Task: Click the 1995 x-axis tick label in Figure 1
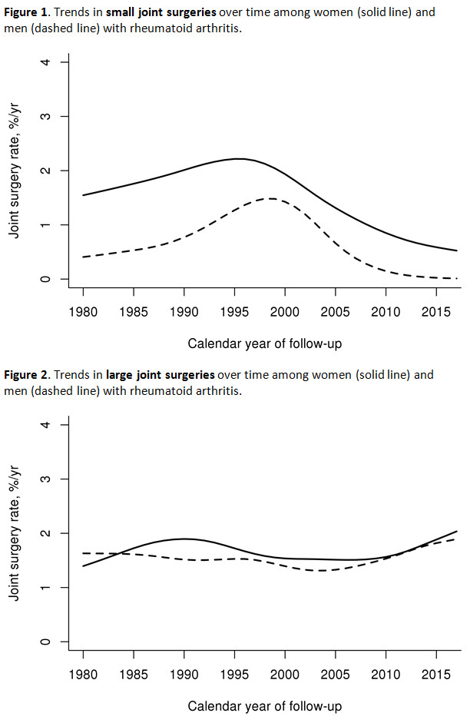point(234,313)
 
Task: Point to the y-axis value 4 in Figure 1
point(46,61)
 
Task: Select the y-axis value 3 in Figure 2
point(46,479)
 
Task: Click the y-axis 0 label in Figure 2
point(46,642)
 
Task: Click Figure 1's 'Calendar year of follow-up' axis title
point(264,343)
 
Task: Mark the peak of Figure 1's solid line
point(240,159)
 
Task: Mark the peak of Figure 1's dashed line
point(271,198)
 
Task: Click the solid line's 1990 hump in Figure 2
point(184,539)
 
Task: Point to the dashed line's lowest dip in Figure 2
point(319,570)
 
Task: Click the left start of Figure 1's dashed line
point(84,257)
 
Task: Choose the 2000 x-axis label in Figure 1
point(284,313)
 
